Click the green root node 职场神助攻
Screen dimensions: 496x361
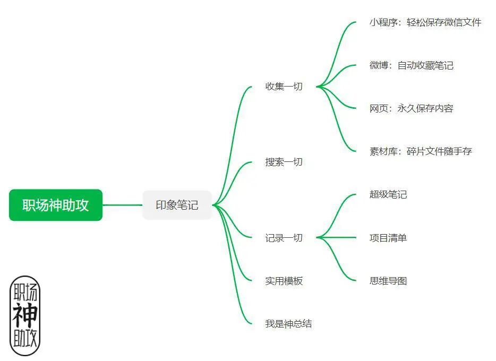pos(56,205)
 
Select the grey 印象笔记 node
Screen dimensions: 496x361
pos(177,205)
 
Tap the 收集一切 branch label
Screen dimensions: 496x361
pos(284,87)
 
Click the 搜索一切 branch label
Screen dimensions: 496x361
pos(284,162)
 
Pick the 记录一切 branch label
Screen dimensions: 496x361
pos(284,238)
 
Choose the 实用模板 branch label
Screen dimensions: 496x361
pos(284,281)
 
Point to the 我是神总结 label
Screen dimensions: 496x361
pos(288,323)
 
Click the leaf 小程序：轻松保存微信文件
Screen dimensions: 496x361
pos(425,22)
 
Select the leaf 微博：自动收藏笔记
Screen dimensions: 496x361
pos(412,65)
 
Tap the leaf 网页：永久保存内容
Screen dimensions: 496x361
pos(412,108)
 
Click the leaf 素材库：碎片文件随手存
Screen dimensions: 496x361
pos(421,151)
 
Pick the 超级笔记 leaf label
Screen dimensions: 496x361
pos(388,194)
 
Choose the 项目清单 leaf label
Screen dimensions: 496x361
pos(388,238)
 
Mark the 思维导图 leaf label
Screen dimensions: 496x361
pos(388,281)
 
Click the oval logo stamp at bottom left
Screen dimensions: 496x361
pos(25,315)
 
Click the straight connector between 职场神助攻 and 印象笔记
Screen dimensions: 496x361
pos(122,205)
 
